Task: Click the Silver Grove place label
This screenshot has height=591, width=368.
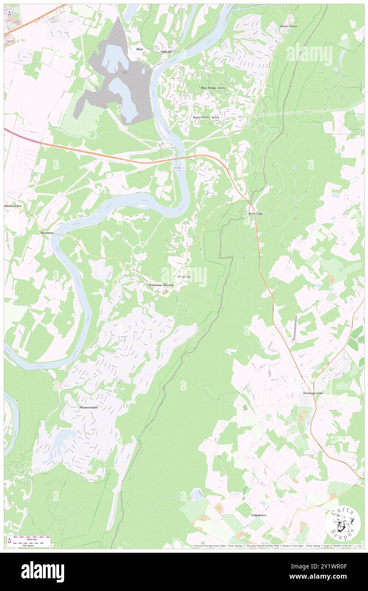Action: [288, 26]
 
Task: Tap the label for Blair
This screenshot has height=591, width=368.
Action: [140, 49]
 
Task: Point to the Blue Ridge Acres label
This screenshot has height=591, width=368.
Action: [213, 88]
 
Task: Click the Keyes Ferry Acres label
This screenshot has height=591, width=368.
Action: [206, 117]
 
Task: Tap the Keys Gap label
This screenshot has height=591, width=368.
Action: [255, 213]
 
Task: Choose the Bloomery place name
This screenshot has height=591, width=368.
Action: [47, 233]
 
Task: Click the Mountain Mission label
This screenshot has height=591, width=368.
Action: [161, 285]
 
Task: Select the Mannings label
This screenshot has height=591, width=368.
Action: [184, 277]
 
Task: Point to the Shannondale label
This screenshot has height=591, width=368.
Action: [89, 407]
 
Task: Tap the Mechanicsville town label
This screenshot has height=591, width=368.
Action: [313, 393]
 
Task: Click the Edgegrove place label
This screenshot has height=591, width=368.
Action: [258, 515]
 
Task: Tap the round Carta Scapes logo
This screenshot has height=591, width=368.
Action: [343, 523]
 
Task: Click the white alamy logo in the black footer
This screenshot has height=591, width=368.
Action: [42, 571]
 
